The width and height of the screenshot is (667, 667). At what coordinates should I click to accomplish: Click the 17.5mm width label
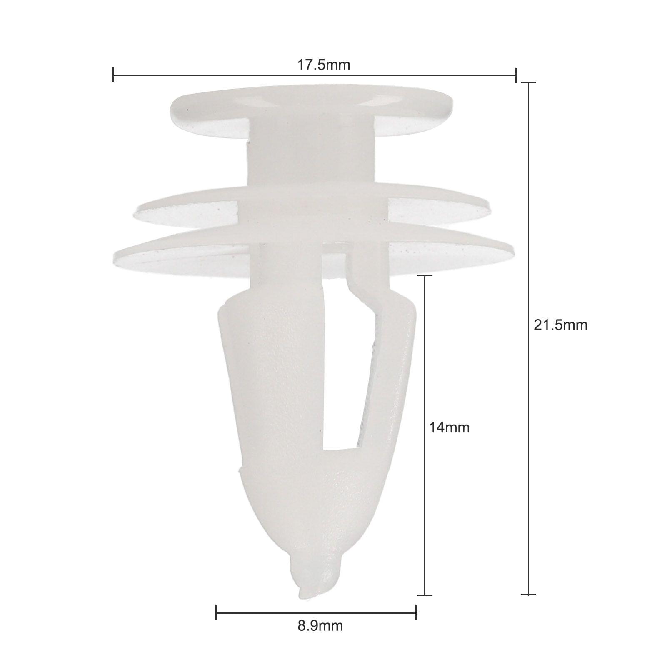coord(323,65)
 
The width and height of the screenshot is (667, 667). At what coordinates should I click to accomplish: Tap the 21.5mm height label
coord(561,325)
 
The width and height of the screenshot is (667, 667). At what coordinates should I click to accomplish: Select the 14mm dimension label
coord(449,427)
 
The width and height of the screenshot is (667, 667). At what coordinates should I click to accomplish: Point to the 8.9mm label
coord(320,637)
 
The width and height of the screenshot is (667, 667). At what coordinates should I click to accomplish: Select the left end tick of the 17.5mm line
coord(113,75)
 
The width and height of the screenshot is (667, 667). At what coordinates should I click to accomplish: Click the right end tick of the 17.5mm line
coord(516,75)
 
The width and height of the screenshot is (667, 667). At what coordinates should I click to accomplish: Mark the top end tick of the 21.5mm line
coord(529,83)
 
